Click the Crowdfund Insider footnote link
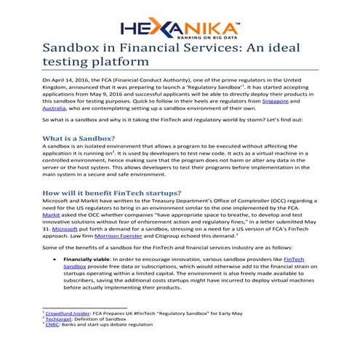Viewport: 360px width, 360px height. click(x=72, y=332)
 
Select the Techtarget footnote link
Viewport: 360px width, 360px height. click(x=62, y=338)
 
